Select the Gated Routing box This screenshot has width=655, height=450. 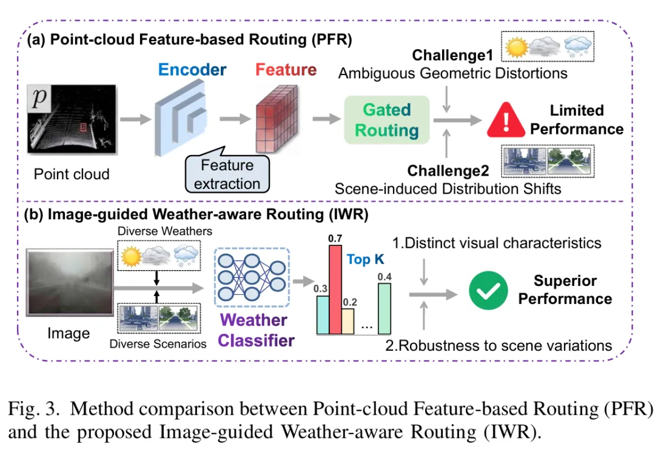coord(386,120)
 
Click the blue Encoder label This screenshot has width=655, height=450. coord(193,69)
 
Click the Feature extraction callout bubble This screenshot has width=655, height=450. coord(227,174)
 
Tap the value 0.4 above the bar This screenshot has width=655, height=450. coord(385,277)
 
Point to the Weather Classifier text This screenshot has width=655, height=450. coord(255,329)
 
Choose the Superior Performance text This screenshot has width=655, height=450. coord(565,290)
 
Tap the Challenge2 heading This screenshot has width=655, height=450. coord(448,171)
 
